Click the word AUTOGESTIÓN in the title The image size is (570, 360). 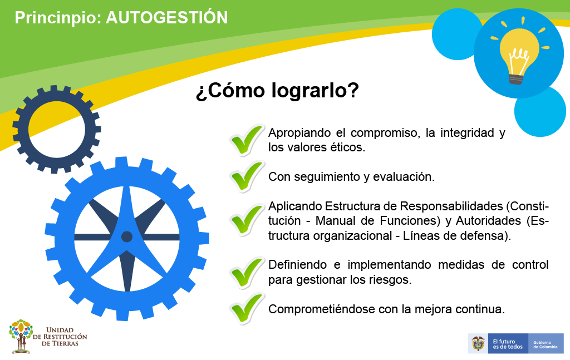[x=167, y=17]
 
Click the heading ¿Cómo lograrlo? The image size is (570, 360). [x=277, y=90]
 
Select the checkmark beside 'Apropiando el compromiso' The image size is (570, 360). [x=247, y=140]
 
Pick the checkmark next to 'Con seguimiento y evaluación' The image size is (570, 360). [x=247, y=177]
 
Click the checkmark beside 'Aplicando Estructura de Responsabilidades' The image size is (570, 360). [x=247, y=220]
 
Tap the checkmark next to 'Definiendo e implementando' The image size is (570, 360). [x=247, y=273]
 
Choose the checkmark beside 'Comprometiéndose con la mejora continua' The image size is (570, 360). [x=247, y=309]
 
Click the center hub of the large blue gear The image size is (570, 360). [x=127, y=237]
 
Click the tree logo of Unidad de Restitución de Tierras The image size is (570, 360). [x=21, y=337]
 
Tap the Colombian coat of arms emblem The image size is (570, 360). [x=478, y=343]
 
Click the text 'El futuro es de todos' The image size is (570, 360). [x=508, y=344]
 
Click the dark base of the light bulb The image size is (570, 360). [x=516, y=79]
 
